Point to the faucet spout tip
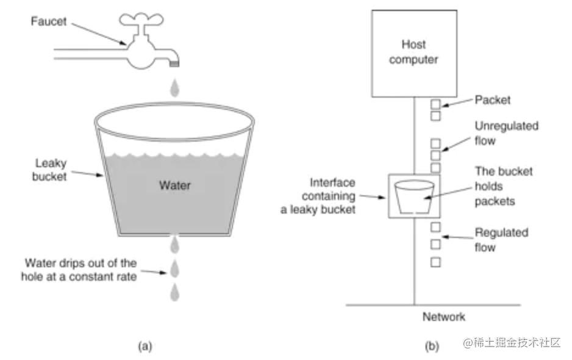click(176, 61)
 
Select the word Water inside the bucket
click(174, 185)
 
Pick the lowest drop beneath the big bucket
click(175, 292)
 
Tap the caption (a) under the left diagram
click(145, 346)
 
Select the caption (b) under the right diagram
click(431, 346)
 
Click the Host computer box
click(414, 53)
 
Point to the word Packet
click(493, 99)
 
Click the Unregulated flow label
click(506, 134)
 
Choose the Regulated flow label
click(501, 240)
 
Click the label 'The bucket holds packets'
click(503, 186)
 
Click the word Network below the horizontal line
click(444, 317)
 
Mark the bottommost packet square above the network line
click(435, 262)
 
